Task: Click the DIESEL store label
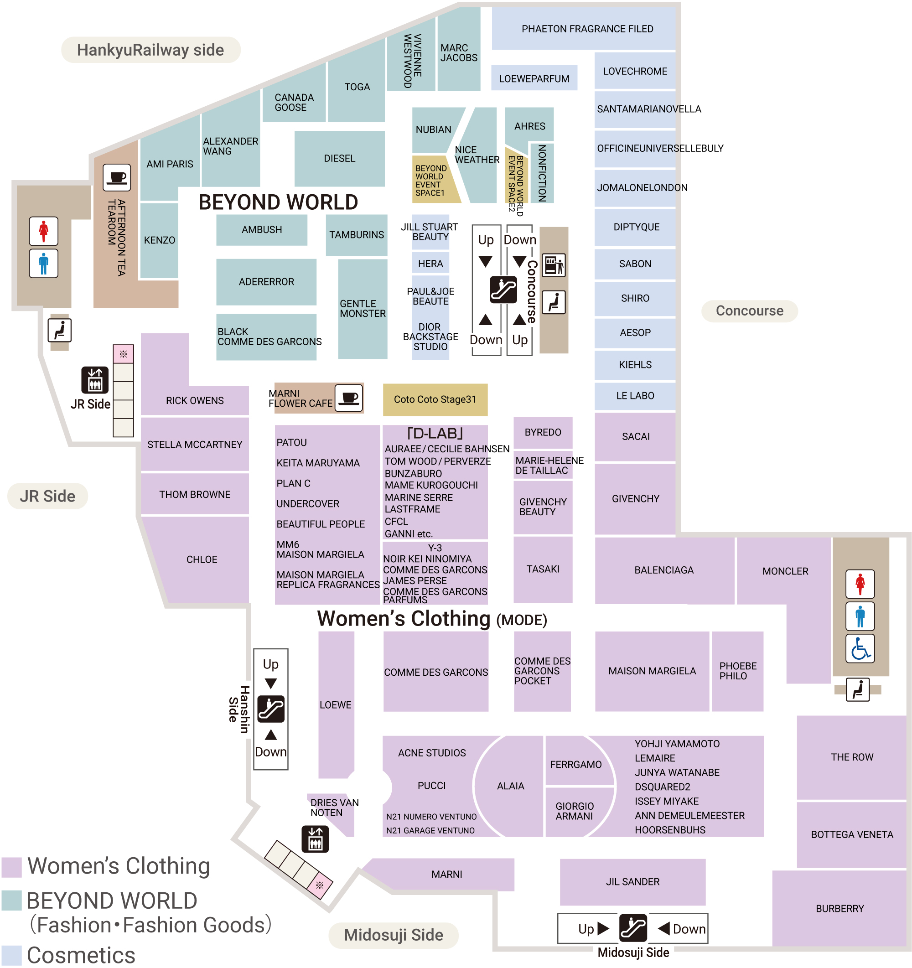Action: tap(339, 158)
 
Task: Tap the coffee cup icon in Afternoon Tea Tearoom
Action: tap(117, 177)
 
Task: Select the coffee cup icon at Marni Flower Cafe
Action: tap(349, 398)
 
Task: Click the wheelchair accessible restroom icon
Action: tap(860, 648)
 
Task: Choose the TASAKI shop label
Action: tap(543, 569)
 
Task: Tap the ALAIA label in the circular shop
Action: tap(510, 786)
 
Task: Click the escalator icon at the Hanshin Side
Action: tap(271, 709)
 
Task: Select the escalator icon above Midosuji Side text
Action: tap(632, 928)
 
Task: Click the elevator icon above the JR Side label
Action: tap(95, 379)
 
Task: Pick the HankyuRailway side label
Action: tap(150, 50)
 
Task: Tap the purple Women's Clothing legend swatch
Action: tap(12, 867)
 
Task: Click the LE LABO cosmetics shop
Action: tap(634, 395)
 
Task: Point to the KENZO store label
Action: tap(159, 240)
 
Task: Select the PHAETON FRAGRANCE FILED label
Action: tap(587, 29)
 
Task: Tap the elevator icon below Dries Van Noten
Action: tap(315, 839)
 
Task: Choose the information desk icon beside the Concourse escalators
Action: tap(554, 265)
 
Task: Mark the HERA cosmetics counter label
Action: tap(430, 264)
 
